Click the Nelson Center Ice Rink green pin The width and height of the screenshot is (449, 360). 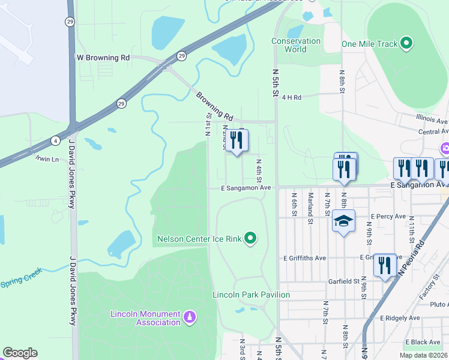click(251, 239)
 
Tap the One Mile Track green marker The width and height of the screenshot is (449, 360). click(407, 44)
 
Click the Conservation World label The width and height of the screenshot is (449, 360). click(296, 45)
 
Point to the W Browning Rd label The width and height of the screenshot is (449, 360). click(103, 58)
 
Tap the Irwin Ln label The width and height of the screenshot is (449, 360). click(47, 159)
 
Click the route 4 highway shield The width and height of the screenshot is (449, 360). click(55, 141)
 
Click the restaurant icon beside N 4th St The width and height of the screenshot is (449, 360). click(237, 141)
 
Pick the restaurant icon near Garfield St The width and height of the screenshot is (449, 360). click(385, 265)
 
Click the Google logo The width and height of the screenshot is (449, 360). click(20, 353)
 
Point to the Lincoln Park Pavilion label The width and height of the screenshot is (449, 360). click(251, 295)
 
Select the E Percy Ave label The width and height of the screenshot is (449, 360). click(389, 216)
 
